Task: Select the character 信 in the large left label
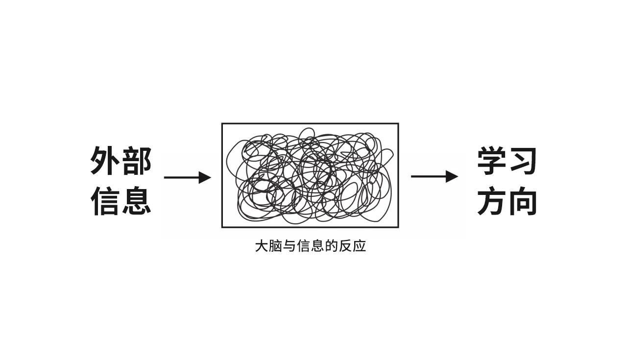105,200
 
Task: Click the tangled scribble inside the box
310,175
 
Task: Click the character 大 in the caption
262,246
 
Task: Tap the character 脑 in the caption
276,246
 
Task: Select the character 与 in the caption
289,246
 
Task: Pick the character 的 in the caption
332,246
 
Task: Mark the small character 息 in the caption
317,246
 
